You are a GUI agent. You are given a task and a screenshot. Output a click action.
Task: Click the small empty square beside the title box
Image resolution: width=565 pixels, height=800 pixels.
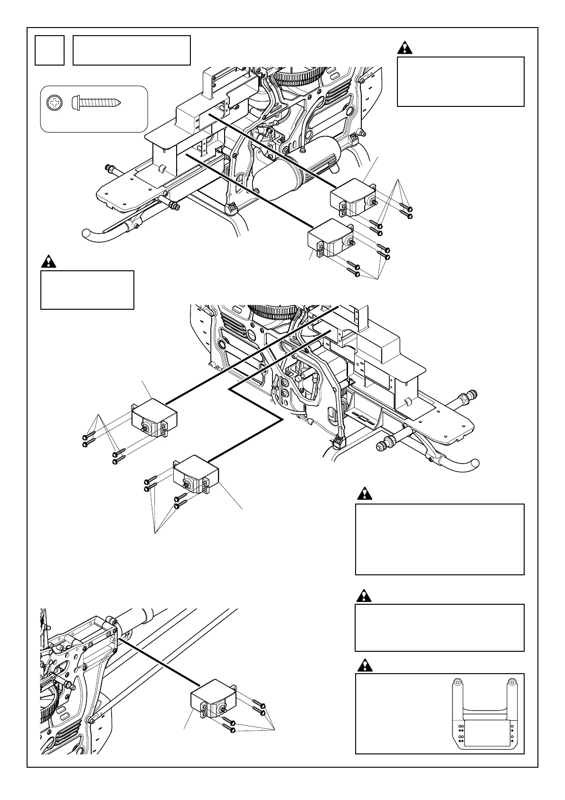[x=49, y=50]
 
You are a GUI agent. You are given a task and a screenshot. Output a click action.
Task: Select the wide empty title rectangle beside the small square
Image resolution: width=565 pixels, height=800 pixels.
[x=132, y=50]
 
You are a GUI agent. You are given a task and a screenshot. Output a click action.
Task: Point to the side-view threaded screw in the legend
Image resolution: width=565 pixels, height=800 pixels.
[x=97, y=102]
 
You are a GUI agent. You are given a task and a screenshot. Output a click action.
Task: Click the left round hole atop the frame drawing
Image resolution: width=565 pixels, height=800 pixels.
[x=458, y=682]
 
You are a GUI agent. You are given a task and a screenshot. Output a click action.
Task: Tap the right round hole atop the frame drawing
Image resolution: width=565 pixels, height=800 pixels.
[x=512, y=682]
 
